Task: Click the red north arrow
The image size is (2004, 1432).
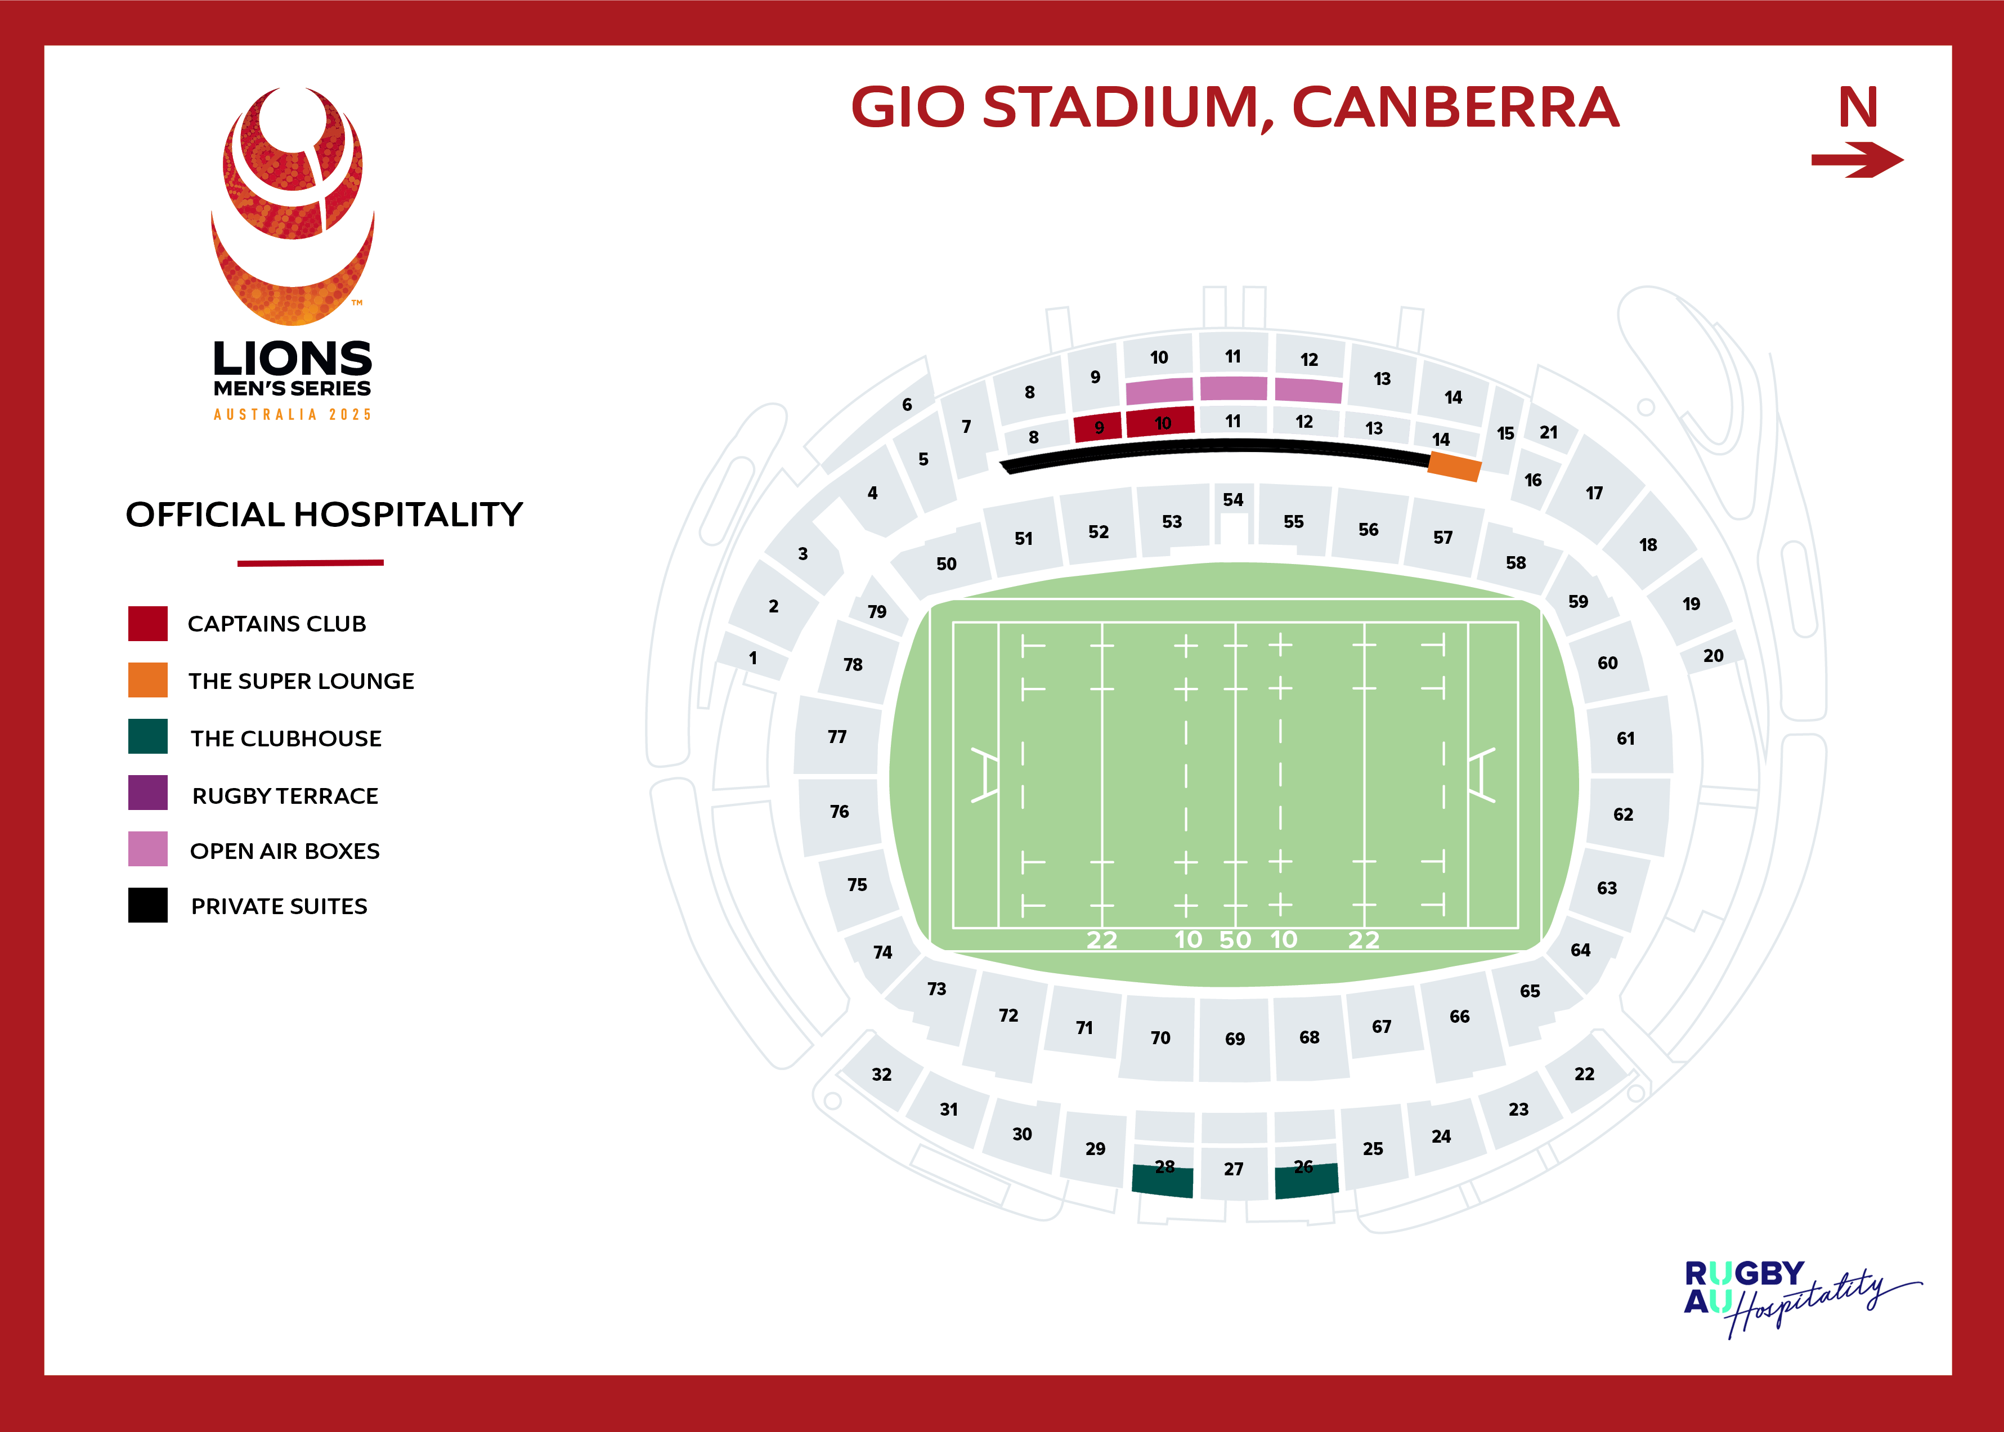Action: point(1857,160)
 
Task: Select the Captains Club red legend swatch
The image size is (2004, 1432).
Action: point(147,624)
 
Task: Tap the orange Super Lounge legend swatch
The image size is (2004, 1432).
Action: point(147,680)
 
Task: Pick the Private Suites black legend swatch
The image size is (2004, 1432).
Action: point(147,906)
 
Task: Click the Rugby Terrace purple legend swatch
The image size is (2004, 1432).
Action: point(147,793)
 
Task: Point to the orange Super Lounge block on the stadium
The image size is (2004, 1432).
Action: point(1454,467)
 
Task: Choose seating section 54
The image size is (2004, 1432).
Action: point(1232,500)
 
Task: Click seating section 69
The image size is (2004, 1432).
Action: point(1234,1039)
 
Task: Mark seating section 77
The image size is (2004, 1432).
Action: point(837,736)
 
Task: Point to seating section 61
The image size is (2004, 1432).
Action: point(1626,738)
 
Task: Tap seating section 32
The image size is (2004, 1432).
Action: point(882,1074)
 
